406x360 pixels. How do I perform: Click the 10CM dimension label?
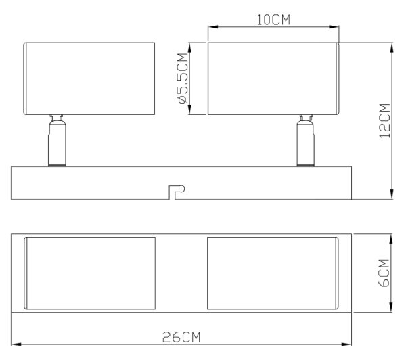pyautogui.click(x=273, y=20)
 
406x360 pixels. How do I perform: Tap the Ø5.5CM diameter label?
pyautogui.click(x=183, y=78)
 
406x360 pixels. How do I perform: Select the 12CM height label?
pyautogui.click(x=384, y=121)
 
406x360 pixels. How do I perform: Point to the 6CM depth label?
pyautogui.click(x=384, y=273)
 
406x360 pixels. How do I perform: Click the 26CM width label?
pyautogui.click(x=181, y=337)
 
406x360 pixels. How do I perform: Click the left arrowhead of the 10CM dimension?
pyautogui.click(x=213, y=26)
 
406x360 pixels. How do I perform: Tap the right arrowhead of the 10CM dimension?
pyautogui.click(x=334, y=26)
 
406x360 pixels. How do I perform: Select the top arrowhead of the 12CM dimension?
pyautogui.click(x=392, y=48)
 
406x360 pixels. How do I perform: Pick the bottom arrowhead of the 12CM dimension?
pyautogui.click(x=392, y=194)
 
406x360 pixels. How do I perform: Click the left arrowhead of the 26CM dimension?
pyautogui.click(x=16, y=344)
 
